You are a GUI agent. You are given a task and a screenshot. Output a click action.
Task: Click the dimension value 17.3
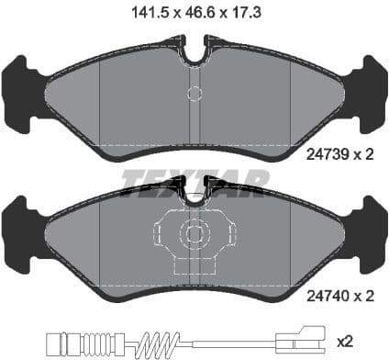pos(242,13)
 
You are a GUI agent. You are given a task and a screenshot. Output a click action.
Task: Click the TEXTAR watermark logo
pos(194,175)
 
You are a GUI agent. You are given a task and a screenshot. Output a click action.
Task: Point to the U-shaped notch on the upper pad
pos(194,52)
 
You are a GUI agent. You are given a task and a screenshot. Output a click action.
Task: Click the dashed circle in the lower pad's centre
pos(194,235)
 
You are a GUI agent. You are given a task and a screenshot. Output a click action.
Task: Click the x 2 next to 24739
pos(365,157)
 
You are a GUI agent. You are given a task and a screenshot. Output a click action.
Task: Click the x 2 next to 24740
pos(365,297)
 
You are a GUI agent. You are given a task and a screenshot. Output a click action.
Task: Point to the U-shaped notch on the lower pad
pos(194,195)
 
